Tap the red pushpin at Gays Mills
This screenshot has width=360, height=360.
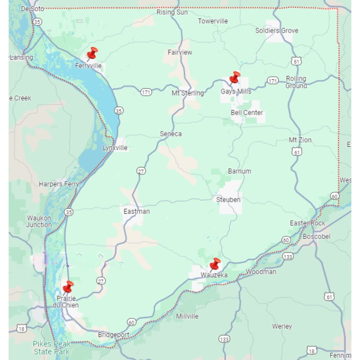234,77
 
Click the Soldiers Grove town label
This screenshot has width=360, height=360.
277,31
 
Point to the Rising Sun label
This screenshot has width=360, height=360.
172,12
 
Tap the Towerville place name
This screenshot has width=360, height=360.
213,21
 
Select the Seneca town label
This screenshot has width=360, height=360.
171,134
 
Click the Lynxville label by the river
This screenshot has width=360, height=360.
115,148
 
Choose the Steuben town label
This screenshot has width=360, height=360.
228,200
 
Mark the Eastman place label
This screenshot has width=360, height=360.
136,211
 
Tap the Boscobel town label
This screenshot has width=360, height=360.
316,237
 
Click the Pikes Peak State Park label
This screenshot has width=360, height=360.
51,348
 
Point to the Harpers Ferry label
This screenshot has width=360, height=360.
59,184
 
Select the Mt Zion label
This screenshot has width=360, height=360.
300,140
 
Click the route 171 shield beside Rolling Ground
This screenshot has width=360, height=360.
273,81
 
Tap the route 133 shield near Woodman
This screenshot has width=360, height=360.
288,256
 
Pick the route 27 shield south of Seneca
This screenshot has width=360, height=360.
141,171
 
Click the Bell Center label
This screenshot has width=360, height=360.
247,113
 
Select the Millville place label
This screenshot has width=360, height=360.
187,316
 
